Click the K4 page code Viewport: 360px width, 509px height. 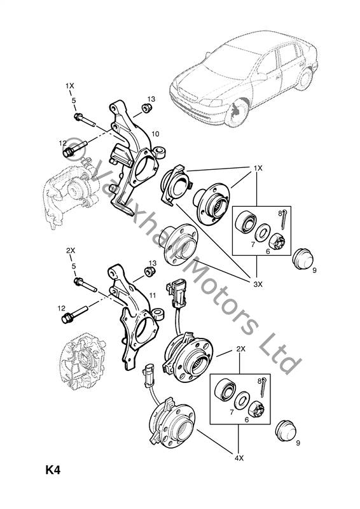pos(53,470)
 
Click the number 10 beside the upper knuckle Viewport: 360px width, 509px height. pos(155,134)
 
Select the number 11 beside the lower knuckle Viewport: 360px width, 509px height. pos(153,295)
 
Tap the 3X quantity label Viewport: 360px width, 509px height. pos(258,284)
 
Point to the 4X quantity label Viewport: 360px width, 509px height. pos(239,458)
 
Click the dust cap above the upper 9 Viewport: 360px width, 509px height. pos(303,258)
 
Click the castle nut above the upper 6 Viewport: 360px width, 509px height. pos(277,241)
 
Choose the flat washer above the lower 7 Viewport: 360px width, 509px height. pos(241,400)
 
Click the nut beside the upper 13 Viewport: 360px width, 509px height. pos(148,108)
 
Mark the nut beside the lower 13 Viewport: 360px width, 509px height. pos(149,271)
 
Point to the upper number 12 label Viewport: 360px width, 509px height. pos(63,143)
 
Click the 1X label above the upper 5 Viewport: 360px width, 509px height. pos(70,86)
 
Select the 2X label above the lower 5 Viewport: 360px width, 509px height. pos(71,251)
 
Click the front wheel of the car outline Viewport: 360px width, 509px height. pos(238,113)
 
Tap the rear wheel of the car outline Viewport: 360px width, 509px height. pos(305,79)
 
